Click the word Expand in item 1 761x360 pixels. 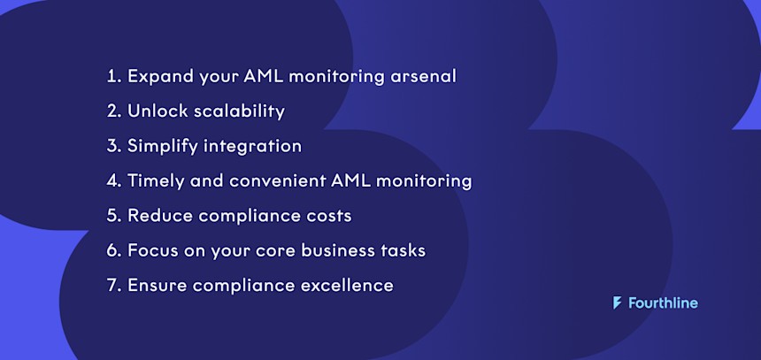157,77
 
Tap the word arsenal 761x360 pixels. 423,76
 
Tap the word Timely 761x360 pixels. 155,181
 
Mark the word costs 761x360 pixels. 328,216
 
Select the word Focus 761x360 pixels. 152,250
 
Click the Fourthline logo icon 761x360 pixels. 617,303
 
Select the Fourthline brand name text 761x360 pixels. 663,303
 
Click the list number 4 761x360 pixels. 112,181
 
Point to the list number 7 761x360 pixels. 112,286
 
